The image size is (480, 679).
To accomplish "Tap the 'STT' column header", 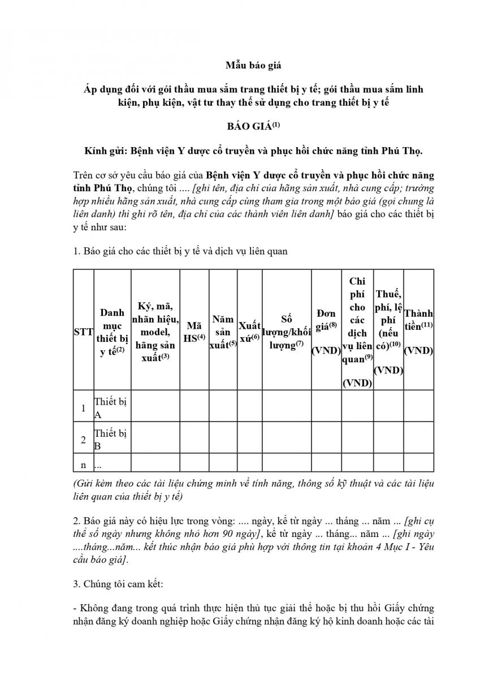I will [83, 333].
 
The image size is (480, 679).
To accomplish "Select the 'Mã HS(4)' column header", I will [194, 332].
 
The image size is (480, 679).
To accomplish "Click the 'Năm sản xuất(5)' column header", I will [223, 332].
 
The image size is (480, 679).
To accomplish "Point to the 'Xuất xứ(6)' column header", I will [249, 333].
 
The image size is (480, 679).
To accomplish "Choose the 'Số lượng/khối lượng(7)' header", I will [286, 332].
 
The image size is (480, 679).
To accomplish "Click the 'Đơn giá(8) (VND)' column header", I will [326, 332].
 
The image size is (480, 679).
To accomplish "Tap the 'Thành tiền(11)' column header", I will [418, 332].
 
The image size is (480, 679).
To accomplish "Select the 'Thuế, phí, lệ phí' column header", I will [388, 332].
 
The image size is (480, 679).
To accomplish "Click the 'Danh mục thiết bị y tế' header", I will [112, 333].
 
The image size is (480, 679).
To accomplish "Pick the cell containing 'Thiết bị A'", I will [111, 408].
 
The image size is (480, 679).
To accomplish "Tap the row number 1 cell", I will [83, 408].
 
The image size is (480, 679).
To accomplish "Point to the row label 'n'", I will [83, 465].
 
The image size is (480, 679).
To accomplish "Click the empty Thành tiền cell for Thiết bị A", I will [418, 408].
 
